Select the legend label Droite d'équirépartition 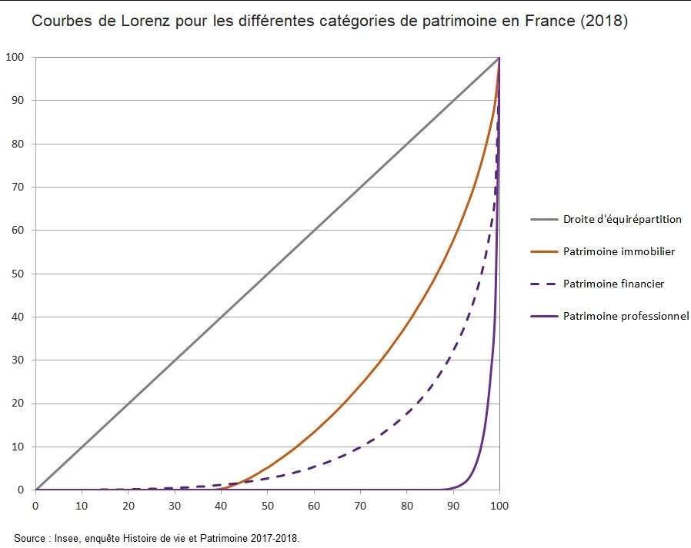pyautogui.click(x=622, y=219)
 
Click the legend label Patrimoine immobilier pyautogui.click(x=619, y=251)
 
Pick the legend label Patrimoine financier pyautogui.click(x=613, y=284)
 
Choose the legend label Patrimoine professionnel pyautogui.click(x=626, y=316)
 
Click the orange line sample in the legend pyautogui.click(x=543, y=251)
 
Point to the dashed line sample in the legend pyautogui.click(x=543, y=284)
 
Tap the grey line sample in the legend pyautogui.click(x=543, y=219)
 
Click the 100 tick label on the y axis pyautogui.click(x=15, y=57)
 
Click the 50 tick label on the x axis pyautogui.click(x=267, y=505)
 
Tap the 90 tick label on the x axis pyautogui.click(x=453, y=505)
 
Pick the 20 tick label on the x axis pyautogui.click(x=128, y=505)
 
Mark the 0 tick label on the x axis pyautogui.click(x=35, y=505)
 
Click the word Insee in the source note pyautogui.click(x=65, y=538)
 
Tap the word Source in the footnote pyautogui.click(x=29, y=538)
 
